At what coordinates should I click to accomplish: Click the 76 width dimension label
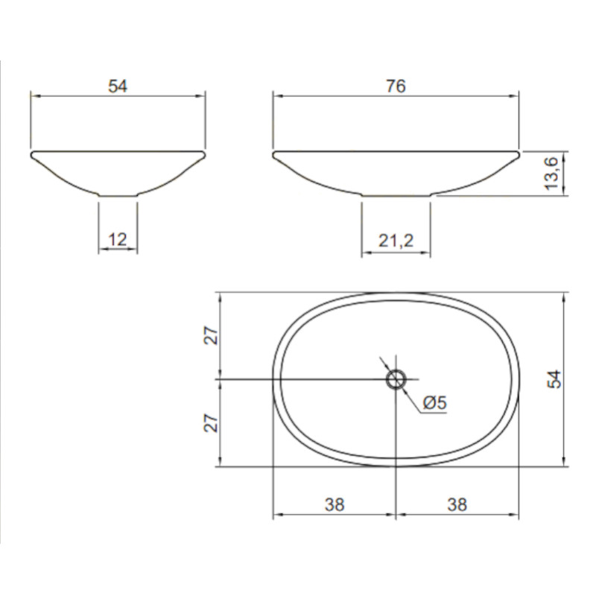tap(396, 86)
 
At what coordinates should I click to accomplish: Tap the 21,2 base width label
tap(396, 241)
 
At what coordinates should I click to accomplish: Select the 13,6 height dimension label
tap(551, 174)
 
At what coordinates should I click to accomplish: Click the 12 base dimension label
tap(118, 240)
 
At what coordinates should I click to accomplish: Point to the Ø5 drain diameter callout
tap(434, 402)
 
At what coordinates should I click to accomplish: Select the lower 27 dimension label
tap(212, 423)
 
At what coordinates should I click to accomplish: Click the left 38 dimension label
tap(335, 505)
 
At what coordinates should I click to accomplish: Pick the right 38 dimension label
tap(457, 505)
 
